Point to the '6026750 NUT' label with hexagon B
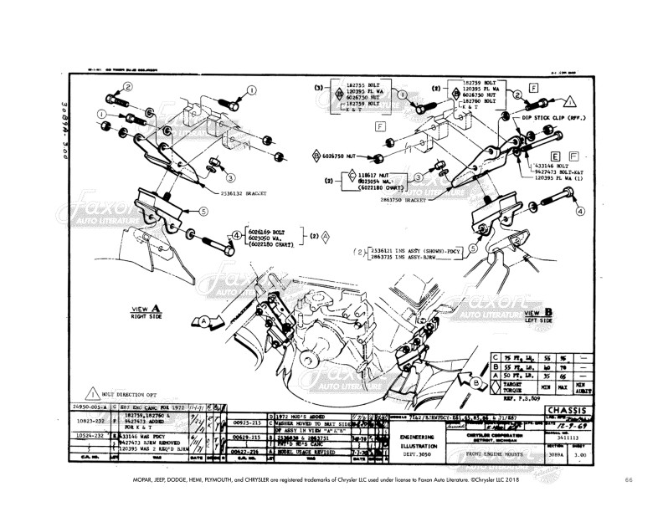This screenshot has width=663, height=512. [x=343, y=156]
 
